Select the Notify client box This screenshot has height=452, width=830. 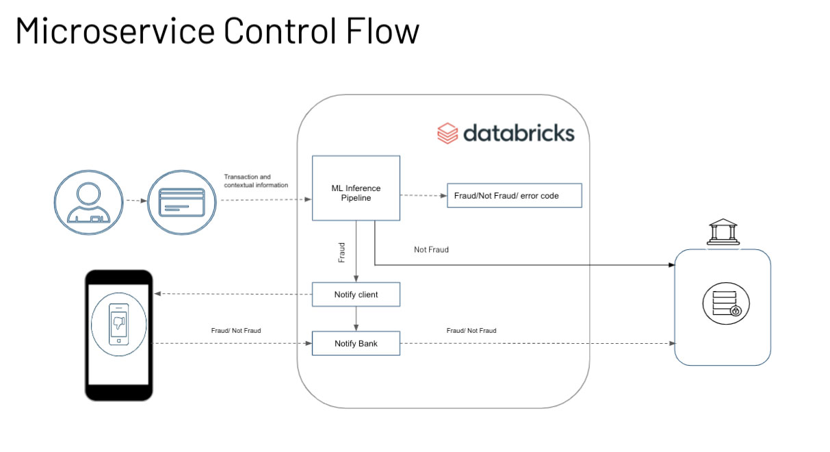click(x=356, y=294)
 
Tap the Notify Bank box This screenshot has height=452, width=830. click(x=356, y=343)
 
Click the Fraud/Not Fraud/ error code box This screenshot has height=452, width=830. click(x=514, y=195)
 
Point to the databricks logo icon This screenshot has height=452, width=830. click(x=447, y=133)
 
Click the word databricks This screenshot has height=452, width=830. click(x=519, y=133)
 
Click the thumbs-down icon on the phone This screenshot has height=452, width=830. click(x=118, y=321)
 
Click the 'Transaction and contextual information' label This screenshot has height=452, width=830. click(x=256, y=181)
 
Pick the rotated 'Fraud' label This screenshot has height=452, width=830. click(x=342, y=252)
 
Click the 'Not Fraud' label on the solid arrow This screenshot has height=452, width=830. click(x=431, y=250)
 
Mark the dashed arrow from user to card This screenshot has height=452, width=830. click(x=135, y=201)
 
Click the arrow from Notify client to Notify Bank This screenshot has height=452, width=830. click(x=356, y=318)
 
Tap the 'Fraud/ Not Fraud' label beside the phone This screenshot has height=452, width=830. click(x=236, y=331)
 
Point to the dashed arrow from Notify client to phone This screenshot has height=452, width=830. click(x=233, y=294)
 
